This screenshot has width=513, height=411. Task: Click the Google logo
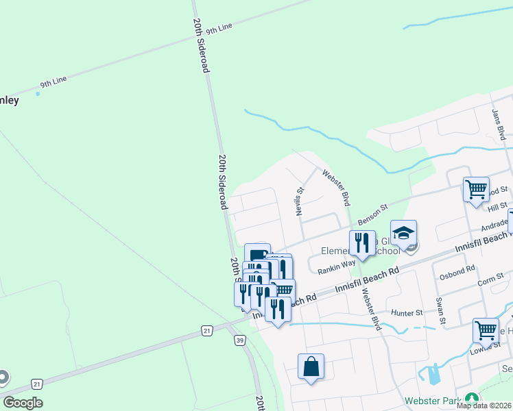click(23, 403)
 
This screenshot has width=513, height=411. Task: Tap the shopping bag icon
click(311, 366)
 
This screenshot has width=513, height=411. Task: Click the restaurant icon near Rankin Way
click(362, 242)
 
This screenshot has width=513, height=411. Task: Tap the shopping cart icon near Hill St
click(476, 188)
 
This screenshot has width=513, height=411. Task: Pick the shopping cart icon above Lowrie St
click(486, 330)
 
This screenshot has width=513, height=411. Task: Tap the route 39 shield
click(239, 340)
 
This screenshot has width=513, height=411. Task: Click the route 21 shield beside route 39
click(207, 330)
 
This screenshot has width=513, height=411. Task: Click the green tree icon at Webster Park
click(471, 399)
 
